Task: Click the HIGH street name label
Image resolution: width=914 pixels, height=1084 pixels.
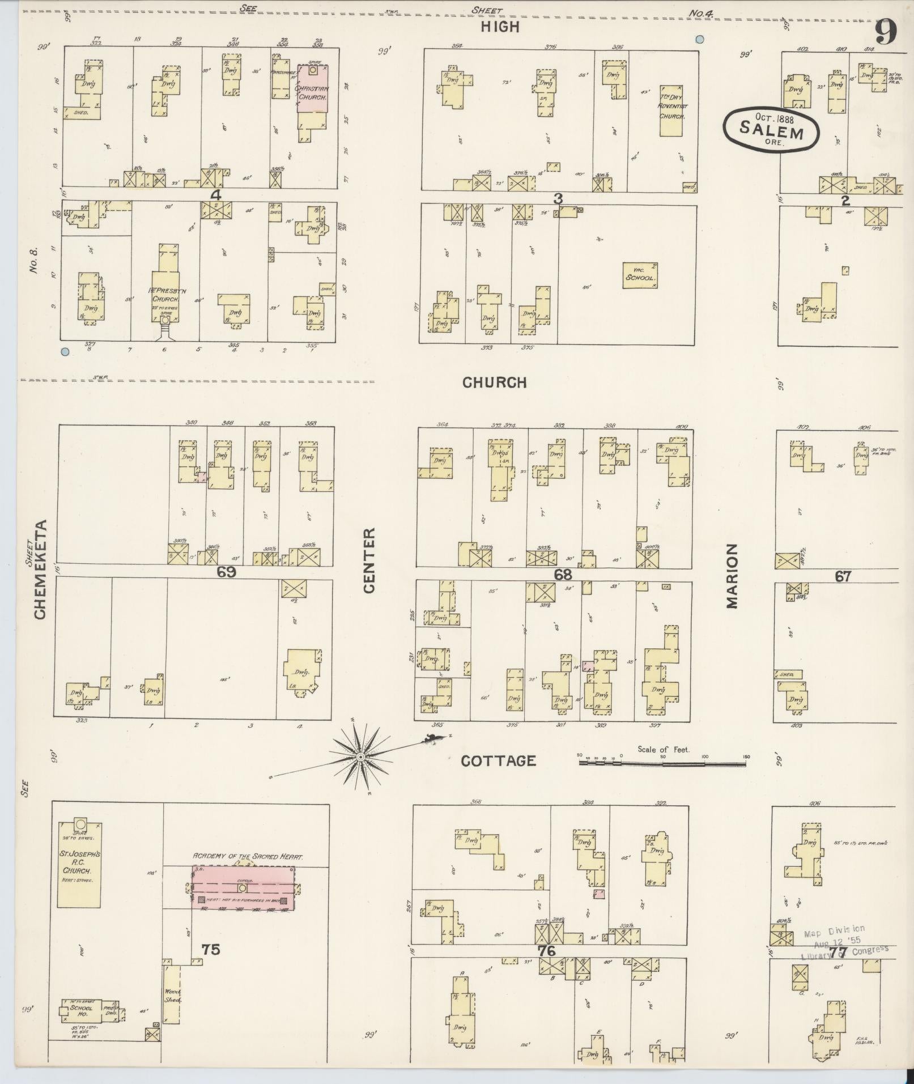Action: pyautogui.click(x=500, y=27)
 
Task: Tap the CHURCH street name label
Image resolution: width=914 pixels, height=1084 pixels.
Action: pyautogui.click(x=495, y=382)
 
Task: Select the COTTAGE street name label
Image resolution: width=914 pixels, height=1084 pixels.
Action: pyautogui.click(x=498, y=761)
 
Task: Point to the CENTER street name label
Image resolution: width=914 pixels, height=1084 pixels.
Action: pyautogui.click(x=369, y=561)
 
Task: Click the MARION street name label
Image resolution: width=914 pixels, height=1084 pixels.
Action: pyautogui.click(x=732, y=576)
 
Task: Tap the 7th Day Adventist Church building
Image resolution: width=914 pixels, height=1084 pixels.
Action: pyautogui.click(x=671, y=111)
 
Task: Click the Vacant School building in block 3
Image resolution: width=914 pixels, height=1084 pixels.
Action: pyautogui.click(x=640, y=276)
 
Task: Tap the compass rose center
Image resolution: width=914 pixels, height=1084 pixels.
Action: pyautogui.click(x=360, y=757)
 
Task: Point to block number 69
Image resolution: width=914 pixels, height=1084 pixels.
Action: pyautogui.click(x=226, y=572)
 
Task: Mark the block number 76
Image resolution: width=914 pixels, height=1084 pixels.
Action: pyautogui.click(x=546, y=950)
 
